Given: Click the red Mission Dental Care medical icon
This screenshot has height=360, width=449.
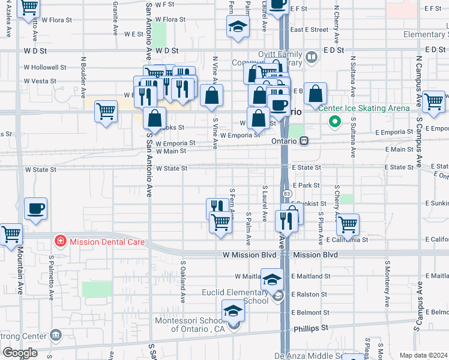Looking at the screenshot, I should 60,242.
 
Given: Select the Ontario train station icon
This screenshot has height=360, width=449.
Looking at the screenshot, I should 304,141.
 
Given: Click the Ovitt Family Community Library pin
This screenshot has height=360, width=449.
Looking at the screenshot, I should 311,58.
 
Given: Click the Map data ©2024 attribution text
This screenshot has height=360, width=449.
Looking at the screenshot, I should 423,355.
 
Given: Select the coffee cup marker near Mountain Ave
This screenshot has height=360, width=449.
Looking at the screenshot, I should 35,209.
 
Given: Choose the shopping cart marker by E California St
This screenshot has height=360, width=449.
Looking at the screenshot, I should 348,225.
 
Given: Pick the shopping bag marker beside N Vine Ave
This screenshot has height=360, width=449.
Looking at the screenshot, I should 211,95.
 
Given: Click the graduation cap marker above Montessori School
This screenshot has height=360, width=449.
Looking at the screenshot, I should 234,311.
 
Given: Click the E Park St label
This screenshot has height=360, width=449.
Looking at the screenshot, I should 307,186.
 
